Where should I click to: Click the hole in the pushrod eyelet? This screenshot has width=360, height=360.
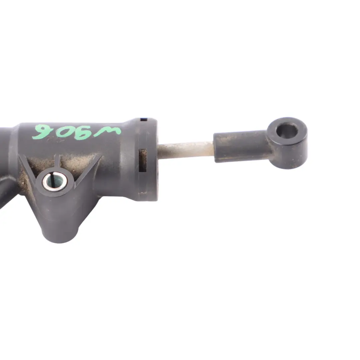coord(287,130)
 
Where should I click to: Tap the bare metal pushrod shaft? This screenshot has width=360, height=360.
coord(185,150)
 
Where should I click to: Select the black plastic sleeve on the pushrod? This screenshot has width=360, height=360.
coord(240,147)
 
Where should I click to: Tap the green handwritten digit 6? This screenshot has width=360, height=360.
coord(42,132)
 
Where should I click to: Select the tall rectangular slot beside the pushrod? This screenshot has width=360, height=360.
coord(142,160)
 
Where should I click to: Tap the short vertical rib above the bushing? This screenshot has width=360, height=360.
coord(57,162)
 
